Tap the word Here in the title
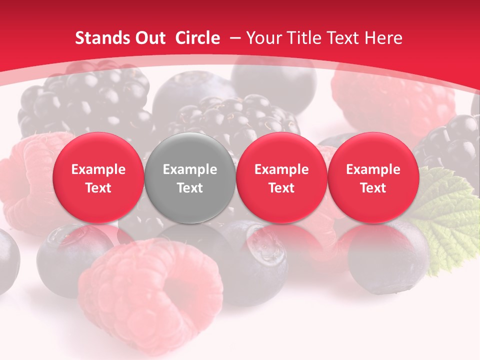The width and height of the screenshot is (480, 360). (384, 38)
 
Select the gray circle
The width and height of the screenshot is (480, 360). (190, 178)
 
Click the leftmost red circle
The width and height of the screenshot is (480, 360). (98, 178)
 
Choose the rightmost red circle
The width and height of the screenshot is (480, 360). (373, 178)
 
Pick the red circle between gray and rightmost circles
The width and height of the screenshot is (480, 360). (281, 178)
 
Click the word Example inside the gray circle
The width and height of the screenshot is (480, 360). (190, 169)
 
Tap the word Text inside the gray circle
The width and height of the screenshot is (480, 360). (190, 188)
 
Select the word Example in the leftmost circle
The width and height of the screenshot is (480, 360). (98, 169)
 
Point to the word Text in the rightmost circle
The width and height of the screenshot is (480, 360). (373, 188)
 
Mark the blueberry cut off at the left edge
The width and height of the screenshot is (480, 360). (7, 260)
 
